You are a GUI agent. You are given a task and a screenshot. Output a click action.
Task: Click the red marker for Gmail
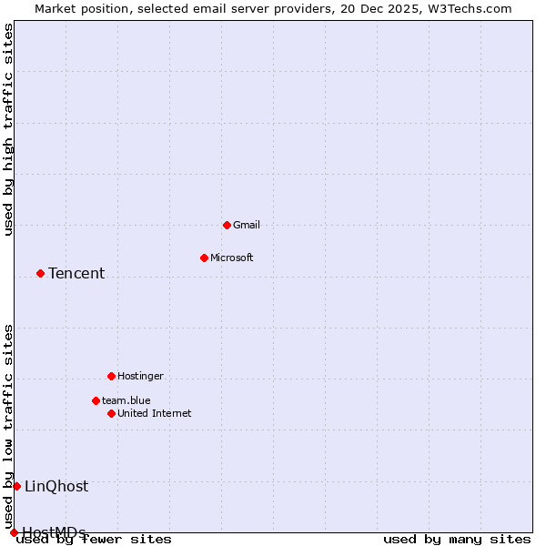(x=227, y=225)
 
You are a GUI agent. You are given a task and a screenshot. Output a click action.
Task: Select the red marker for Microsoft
(x=204, y=258)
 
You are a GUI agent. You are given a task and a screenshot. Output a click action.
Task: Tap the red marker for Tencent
(x=40, y=273)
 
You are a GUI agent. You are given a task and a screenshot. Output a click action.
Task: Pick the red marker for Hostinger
(x=111, y=376)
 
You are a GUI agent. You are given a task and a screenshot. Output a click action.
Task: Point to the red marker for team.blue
(x=96, y=400)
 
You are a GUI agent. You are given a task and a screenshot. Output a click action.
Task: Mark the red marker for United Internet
(x=111, y=413)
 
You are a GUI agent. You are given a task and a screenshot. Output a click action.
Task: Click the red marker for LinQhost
(x=16, y=486)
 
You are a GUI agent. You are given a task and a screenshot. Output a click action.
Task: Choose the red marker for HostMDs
(x=14, y=532)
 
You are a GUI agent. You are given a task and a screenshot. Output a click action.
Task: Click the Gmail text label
(x=247, y=225)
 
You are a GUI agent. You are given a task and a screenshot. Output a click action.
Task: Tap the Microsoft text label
(x=232, y=258)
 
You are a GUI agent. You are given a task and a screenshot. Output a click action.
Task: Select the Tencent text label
(x=76, y=273)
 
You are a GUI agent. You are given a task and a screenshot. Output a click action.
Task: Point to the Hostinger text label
(x=141, y=376)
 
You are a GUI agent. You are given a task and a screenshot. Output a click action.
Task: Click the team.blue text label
(x=126, y=400)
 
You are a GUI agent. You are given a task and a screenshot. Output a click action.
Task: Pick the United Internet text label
(x=155, y=413)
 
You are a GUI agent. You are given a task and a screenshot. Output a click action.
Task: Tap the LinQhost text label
(x=56, y=486)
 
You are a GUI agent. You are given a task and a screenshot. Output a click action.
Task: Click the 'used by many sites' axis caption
(x=457, y=540)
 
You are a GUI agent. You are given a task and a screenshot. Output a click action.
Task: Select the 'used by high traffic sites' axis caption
(x=9, y=129)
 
